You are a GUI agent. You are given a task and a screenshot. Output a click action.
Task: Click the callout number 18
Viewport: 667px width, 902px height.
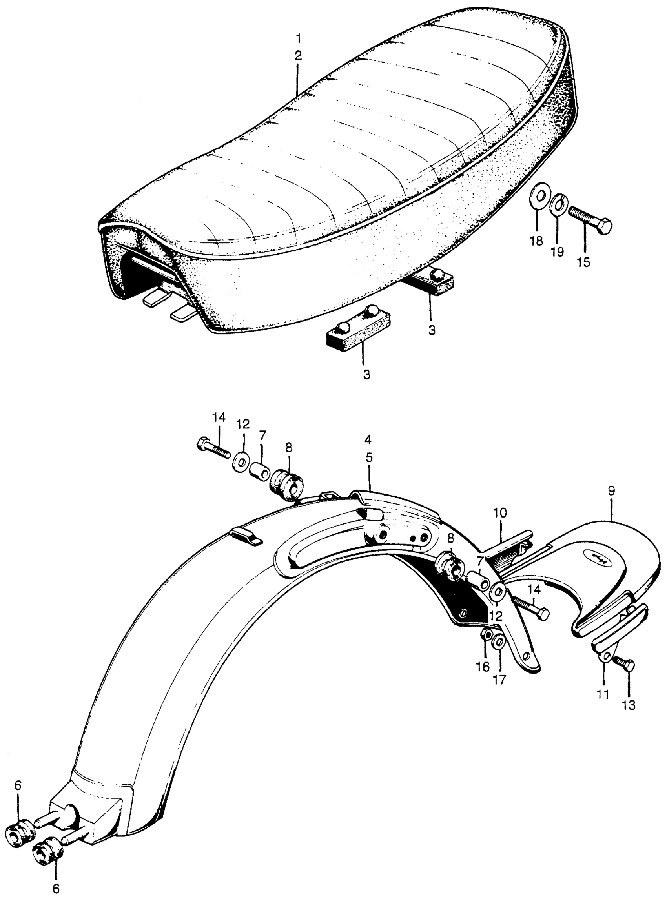coord(537,242)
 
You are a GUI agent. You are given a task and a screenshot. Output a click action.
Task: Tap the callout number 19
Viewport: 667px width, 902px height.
coord(558,251)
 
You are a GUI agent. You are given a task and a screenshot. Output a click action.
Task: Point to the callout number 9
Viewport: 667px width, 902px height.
coord(611,491)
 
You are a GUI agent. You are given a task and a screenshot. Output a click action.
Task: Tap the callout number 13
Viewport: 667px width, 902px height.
coord(629,705)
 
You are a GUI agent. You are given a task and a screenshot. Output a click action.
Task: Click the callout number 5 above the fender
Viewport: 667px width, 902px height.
coord(369,458)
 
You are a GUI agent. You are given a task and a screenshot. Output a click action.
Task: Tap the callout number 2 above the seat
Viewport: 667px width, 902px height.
coord(298,56)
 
